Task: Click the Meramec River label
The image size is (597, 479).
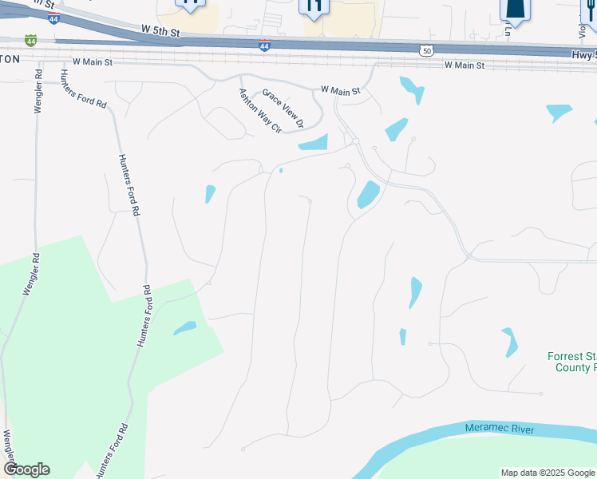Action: [500, 430]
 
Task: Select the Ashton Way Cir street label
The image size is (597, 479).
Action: [260, 111]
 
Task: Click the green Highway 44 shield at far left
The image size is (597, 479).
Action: [30, 39]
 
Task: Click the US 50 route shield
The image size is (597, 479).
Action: [427, 50]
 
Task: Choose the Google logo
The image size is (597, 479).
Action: [27, 469]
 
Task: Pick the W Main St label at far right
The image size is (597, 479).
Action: [465, 65]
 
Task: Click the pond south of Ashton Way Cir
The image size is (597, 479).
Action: [314, 143]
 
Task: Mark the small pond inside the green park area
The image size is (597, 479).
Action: [185, 327]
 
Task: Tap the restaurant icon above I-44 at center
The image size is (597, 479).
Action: [314, 6]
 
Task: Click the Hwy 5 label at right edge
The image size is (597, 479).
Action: [583, 55]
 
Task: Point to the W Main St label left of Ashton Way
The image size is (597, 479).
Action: [93, 61]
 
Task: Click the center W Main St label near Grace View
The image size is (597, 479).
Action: [341, 91]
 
